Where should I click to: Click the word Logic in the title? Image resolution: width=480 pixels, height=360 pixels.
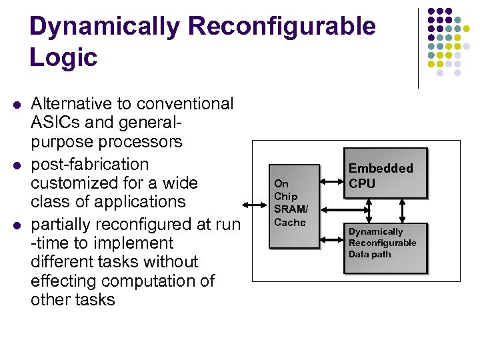[x=63, y=57]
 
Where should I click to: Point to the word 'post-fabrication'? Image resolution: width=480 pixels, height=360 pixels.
[x=89, y=164]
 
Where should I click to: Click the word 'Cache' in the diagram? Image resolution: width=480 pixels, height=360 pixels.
[x=290, y=223]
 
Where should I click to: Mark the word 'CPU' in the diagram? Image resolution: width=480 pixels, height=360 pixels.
[x=362, y=183]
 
